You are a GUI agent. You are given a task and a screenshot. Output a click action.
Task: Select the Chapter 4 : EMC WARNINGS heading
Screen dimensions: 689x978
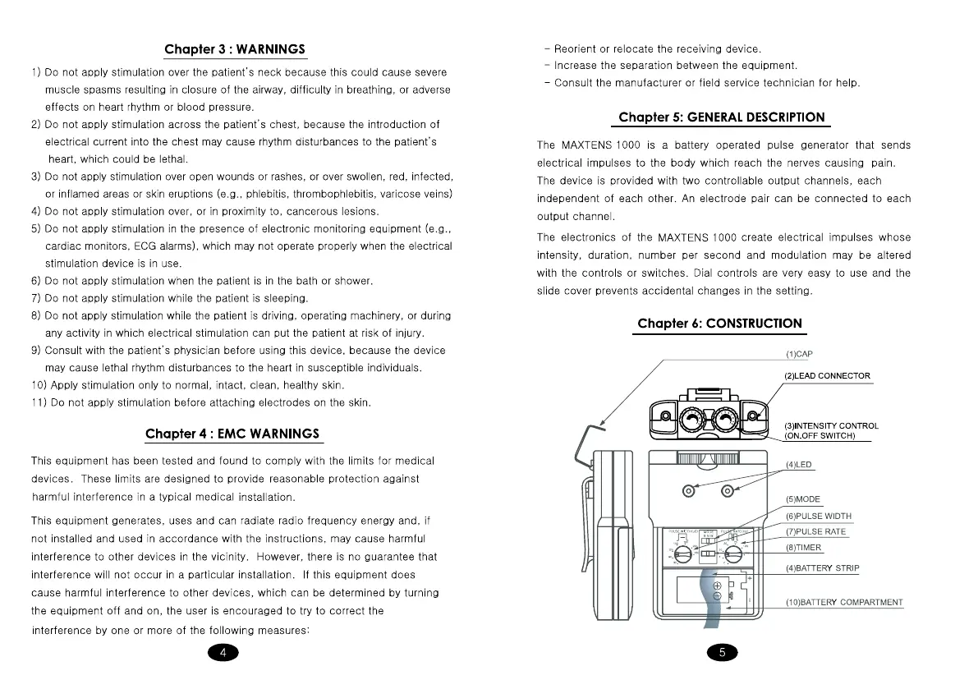pyautogui.click(x=232, y=434)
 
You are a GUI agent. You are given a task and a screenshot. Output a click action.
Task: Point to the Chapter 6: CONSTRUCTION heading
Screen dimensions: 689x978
pyautogui.click(x=719, y=324)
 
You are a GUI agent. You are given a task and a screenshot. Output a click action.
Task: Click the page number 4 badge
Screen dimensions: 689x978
pyautogui.click(x=223, y=653)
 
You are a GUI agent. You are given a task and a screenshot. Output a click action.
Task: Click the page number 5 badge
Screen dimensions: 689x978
pyautogui.click(x=722, y=653)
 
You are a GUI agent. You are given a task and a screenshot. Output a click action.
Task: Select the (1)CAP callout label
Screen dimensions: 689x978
pyautogui.click(x=798, y=354)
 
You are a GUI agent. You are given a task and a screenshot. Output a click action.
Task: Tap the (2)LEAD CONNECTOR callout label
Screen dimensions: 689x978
pyautogui.click(x=827, y=376)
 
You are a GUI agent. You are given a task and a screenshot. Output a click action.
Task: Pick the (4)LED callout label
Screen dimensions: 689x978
pyautogui.click(x=798, y=465)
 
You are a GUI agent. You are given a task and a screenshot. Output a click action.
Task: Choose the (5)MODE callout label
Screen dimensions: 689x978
pyautogui.click(x=802, y=499)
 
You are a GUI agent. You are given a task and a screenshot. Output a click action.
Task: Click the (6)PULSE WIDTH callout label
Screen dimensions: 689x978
pyautogui.click(x=818, y=517)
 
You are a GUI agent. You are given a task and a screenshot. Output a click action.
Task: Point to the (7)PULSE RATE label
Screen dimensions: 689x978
pyautogui.click(x=815, y=532)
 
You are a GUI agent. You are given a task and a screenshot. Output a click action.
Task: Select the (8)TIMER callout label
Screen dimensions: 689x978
pyautogui.click(x=803, y=548)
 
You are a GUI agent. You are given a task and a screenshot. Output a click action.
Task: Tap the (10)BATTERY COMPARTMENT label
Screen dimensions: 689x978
pyautogui.click(x=843, y=603)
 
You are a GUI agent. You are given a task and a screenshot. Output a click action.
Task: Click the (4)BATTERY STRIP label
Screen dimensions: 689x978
pyautogui.click(x=822, y=568)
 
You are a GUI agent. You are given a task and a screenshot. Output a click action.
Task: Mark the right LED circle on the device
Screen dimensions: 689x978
pyautogui.click(x=728, y=491)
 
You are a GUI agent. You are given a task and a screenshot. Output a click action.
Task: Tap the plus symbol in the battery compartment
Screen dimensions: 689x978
pyautogui.click(x=717, y=586)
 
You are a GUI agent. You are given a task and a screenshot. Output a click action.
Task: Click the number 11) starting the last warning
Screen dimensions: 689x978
pyautogui.click(x=39, y=402)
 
